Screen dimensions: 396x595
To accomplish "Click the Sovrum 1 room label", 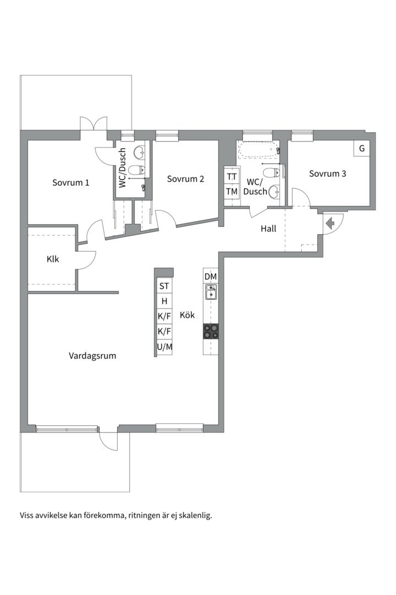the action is [x=71, y=182].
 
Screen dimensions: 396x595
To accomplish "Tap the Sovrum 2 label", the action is [x=185, y=178].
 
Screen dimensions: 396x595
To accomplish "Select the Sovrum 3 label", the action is [x=327, y=174].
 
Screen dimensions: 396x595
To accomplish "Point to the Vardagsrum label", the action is [x=92, y=356].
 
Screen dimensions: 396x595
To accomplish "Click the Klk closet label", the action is [x=53, y=259].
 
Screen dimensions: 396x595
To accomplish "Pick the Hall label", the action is [x=268, y=229].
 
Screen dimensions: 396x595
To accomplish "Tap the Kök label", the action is [x=187, y=315].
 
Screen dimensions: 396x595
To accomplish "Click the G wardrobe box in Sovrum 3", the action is [x=362, y=148].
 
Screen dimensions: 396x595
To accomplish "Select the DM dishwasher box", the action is [x=211, y=277].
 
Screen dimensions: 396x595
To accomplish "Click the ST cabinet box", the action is [x=164, y=286].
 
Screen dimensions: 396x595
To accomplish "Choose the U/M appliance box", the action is [x=164, y=347].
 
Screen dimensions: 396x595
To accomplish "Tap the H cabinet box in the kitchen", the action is [x=164, y=301].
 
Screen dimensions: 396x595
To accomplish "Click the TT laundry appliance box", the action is [x=232, y=176].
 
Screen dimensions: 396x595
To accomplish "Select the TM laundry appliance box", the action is [x=232, y=192].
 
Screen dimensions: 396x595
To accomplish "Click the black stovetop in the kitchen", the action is [x=211, y=331].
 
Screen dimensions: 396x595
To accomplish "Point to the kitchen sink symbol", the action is [x=211, y=292].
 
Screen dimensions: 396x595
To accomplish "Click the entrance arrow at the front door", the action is [x=330, y=224].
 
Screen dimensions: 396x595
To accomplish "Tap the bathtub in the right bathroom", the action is [x=259, y=150].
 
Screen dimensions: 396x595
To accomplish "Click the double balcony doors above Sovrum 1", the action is [x=93, y=124].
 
